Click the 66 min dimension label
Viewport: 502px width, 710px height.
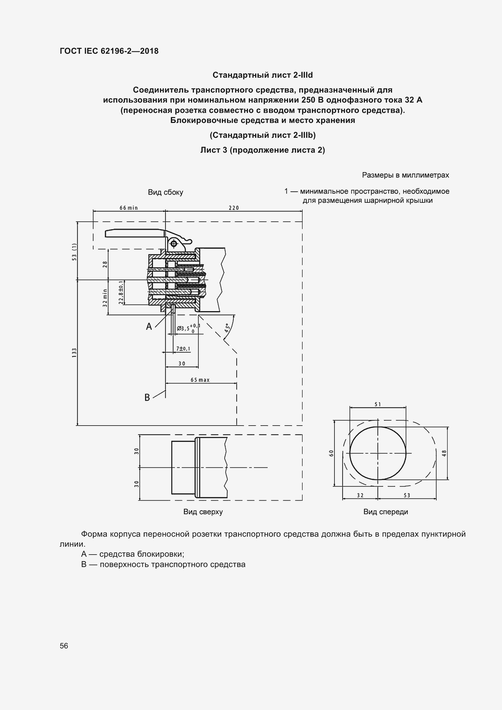point(129,208)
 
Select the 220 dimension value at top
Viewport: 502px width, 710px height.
point(234,208)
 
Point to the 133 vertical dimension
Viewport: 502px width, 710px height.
point(74,353)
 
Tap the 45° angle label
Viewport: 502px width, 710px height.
point(227,328)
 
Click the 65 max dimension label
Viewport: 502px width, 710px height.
point(200,380)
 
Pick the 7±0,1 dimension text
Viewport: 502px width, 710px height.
point(183,349)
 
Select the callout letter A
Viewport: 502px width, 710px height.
point(149,326)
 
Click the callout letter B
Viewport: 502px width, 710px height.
point(147,397)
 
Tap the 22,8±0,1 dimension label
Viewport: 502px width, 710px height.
point(121,293)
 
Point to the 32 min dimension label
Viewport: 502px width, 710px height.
point(105,298)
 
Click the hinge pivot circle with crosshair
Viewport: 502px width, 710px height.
point(174,244)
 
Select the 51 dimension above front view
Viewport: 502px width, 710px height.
point(378,404)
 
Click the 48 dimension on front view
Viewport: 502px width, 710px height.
point(444,453)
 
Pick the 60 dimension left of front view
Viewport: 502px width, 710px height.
point(331,453)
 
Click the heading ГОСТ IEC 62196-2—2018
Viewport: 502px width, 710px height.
point(109,51)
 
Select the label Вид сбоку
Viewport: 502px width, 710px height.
point(165,192)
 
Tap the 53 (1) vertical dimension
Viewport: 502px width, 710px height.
point(74,252)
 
